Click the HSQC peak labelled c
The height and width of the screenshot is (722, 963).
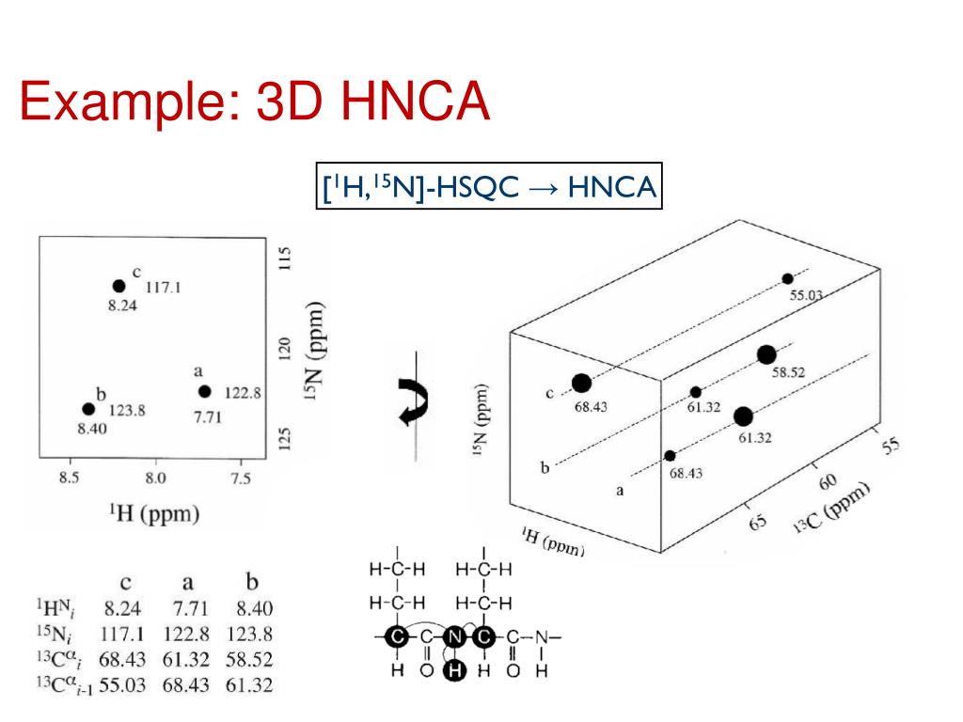pos(118,286)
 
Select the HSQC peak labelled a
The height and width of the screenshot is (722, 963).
pos(205,391)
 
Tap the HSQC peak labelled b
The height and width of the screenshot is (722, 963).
pos(88,409)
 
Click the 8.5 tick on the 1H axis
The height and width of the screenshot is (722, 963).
pos(69,479)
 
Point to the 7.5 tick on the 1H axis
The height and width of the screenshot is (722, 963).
pos(241,479)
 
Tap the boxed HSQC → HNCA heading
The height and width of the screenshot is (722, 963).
pos(488,187)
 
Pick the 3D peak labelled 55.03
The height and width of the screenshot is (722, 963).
pos(787,279)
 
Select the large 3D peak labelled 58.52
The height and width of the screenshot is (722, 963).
pos(766,354)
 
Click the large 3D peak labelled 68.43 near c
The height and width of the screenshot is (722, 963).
pos(581,383)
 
